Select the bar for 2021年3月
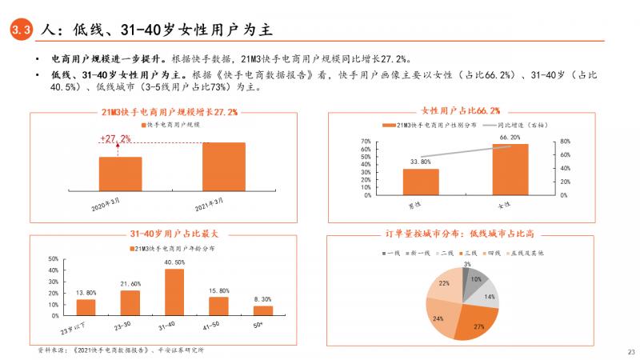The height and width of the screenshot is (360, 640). (x=224, y=166)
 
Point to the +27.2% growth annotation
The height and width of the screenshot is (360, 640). (x=115, y=138)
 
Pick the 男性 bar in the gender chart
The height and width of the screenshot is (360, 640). (x=420, y=181)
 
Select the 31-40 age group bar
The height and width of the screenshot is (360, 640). (x=174, y=291)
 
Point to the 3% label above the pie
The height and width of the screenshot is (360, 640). (x=467, y=263)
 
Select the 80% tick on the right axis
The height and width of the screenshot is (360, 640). (x=563, y=142)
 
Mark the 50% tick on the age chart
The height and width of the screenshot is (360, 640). (x=53, y=259)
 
